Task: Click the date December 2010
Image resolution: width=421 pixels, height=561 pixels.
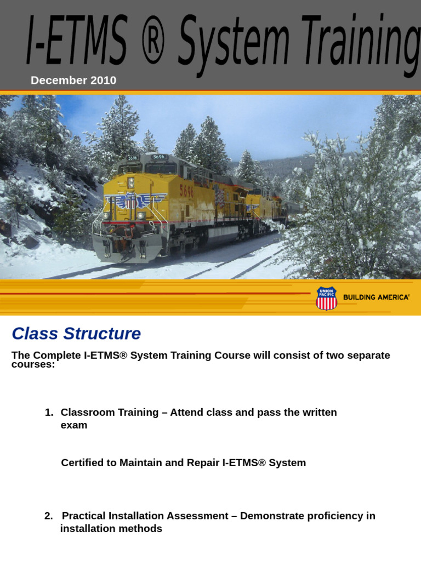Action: (x=73, y=81)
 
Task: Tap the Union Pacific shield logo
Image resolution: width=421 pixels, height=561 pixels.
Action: (x=326, y=298)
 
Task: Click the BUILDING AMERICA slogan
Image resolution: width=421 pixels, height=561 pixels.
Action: (x=376, y=297)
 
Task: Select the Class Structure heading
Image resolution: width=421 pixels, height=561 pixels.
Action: (x=76, y=334)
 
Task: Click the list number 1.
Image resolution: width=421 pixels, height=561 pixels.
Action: (x=49, y=413)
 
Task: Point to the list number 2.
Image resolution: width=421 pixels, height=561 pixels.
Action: (x=48, y=516)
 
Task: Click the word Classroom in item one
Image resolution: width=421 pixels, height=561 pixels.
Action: (x=86, y=413)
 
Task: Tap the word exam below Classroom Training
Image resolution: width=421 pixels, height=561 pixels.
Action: (x=73, y=425)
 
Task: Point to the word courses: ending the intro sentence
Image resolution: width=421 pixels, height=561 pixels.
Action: (x=33, y=365)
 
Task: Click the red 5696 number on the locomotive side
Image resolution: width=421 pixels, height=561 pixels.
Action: (x=187, y=191)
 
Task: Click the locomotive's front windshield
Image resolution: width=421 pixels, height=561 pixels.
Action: (x=145, y=169)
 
